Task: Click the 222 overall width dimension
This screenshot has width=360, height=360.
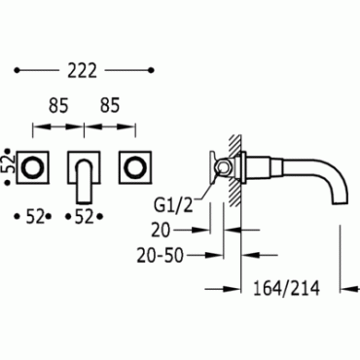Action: (82, 70)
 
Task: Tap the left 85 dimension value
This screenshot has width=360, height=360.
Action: (58, 106)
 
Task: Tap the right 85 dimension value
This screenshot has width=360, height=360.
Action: (110, 106)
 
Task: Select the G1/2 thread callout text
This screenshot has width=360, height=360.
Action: (173, 205)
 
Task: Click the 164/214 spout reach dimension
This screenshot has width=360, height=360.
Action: (286, 288)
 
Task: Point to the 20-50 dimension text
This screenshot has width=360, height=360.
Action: (161, 255)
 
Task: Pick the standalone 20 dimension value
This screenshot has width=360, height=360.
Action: (161, 231)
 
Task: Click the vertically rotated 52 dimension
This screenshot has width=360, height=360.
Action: (11, 167)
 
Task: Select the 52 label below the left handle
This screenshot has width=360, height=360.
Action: (35, 217)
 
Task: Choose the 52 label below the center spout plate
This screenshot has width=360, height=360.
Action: (85, 217)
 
